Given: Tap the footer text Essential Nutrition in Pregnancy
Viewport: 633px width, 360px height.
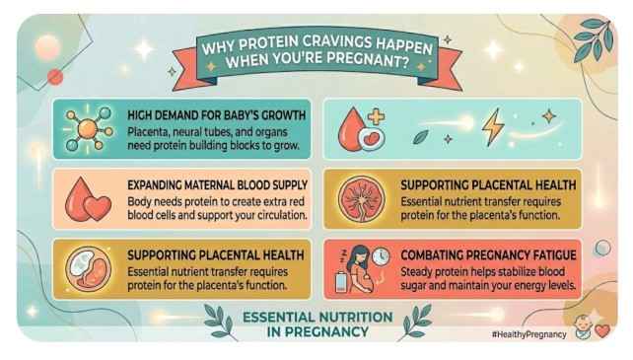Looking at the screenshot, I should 316,324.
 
